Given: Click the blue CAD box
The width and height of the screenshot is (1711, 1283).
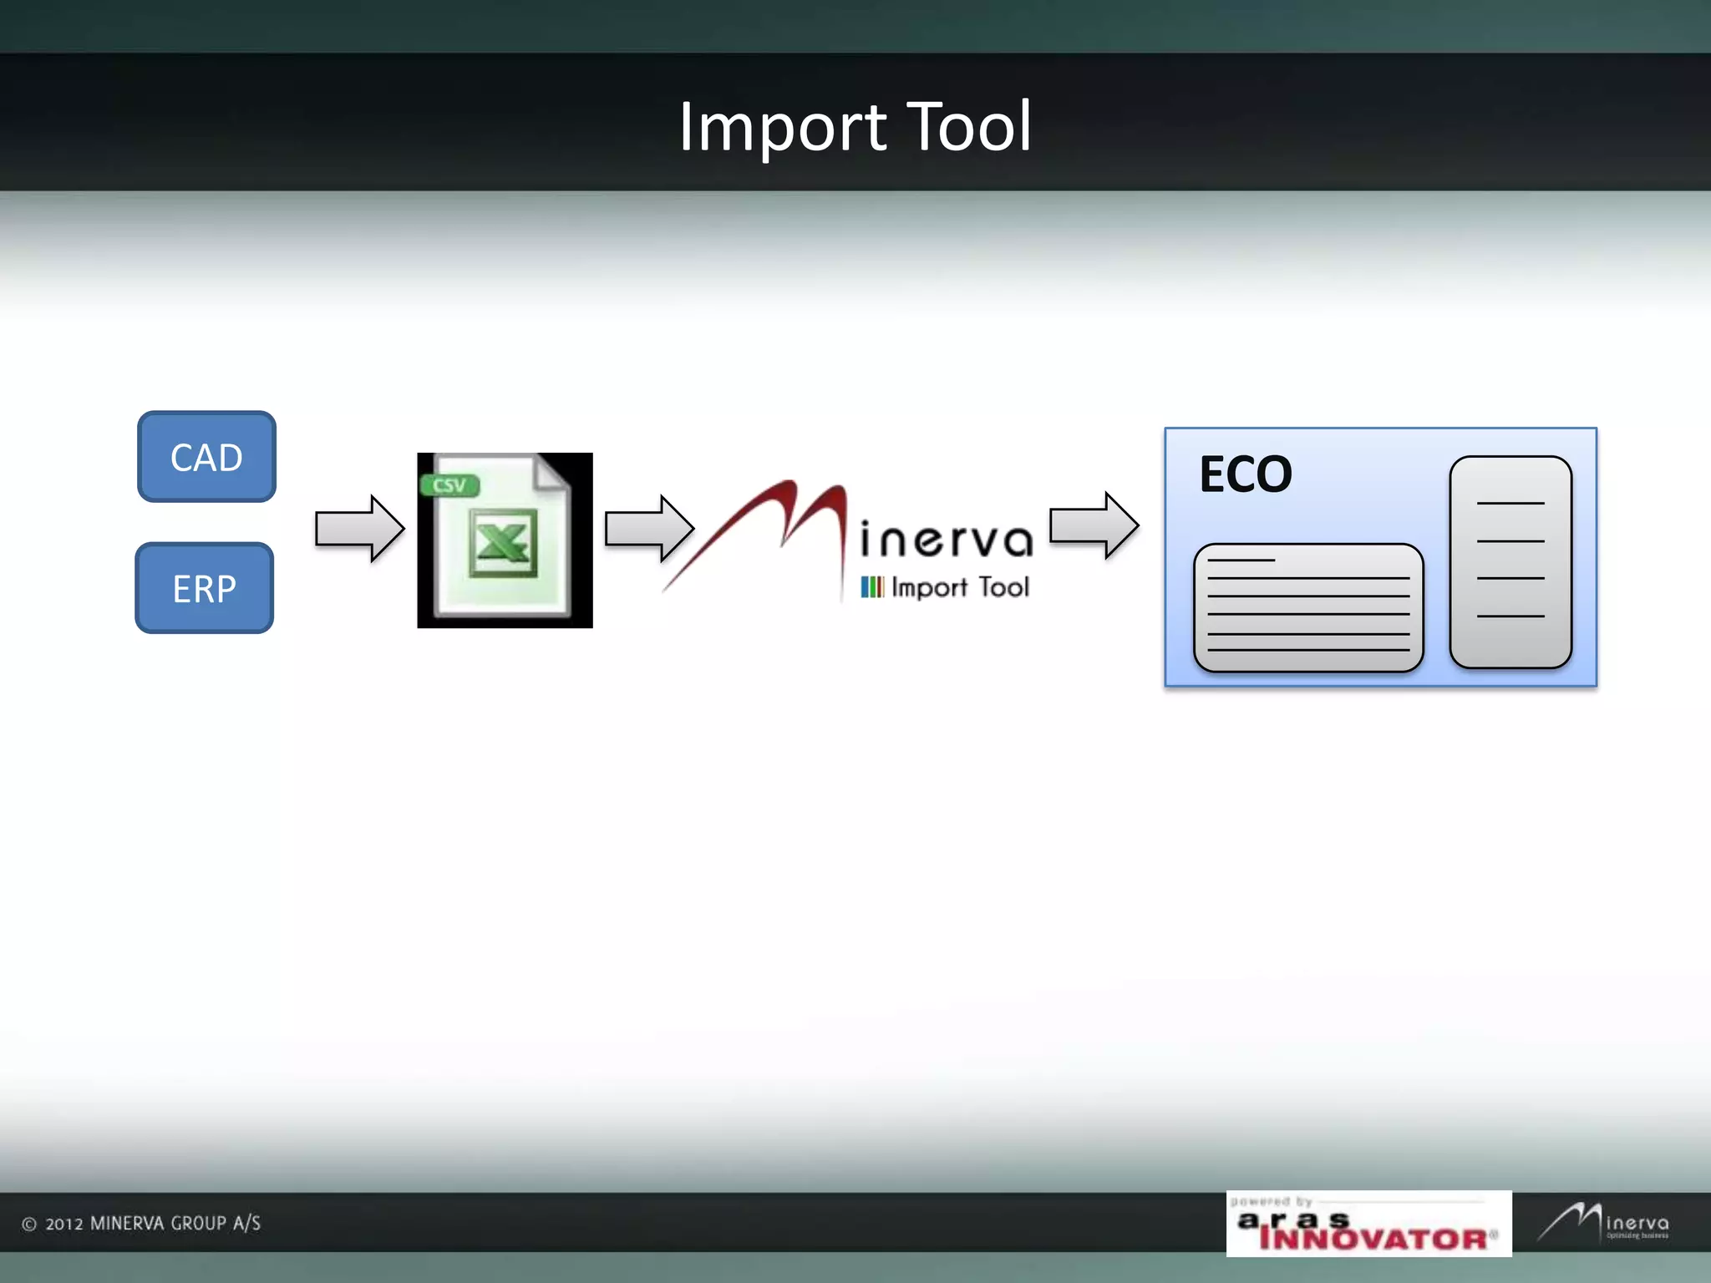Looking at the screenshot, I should (x=206, y=457).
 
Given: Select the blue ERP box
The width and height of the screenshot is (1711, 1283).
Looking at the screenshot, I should (x=205, y=588).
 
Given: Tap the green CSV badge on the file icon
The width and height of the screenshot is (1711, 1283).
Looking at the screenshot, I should (x=449, y=485).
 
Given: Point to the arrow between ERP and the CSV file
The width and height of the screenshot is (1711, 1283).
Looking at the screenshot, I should (x=359, y=529).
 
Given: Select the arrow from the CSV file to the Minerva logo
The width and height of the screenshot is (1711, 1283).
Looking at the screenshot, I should (x=649, y=528).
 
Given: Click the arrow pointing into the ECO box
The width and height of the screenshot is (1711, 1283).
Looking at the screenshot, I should (x=1094, y=525).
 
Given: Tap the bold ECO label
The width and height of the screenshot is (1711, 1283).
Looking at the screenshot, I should (x=1245, y=474).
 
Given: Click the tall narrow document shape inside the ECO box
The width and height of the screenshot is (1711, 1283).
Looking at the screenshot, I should (x=1510, y=561).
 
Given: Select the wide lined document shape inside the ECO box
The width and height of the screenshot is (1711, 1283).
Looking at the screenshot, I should (x=1308, y=607).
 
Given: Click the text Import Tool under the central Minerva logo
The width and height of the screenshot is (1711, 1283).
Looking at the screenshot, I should (x=960, y=587).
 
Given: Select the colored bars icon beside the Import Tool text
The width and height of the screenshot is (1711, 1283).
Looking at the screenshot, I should (x=871, y=587).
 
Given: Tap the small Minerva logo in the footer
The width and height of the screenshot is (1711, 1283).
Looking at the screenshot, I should (x=1603, y=1223).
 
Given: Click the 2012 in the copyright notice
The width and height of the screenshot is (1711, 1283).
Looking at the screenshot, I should (x=64, y=1225).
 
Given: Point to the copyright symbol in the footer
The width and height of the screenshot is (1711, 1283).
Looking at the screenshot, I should (x=29, y=1225).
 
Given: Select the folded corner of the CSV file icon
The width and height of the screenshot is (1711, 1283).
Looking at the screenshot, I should (x=552, y=472).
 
